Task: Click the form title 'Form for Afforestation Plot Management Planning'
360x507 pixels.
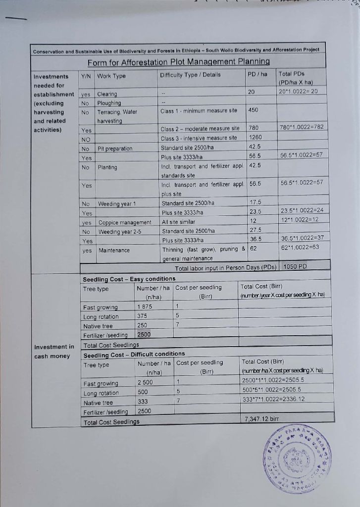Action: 178,62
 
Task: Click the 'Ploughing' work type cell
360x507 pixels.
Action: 109,103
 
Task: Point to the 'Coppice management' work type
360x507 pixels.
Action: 125,222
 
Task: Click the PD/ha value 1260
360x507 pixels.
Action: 255,138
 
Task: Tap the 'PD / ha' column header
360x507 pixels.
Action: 257,75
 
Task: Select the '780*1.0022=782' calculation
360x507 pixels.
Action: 301,127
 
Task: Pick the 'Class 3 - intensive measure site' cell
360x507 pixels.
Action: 199,138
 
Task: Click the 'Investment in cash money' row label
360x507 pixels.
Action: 54,352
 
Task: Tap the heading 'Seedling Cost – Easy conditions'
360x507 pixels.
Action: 129,279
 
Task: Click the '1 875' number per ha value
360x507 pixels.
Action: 145,307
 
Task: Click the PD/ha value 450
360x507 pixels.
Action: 254,110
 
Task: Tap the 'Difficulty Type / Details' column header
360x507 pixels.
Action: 190,75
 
